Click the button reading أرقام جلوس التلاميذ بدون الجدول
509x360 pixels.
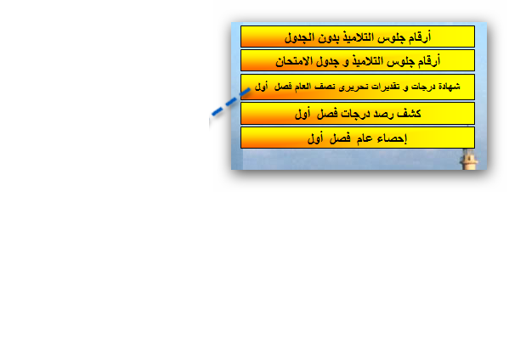(x=358, y=37)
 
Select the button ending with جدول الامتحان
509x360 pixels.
(x=358, y=60)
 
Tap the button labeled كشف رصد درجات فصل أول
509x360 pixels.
(x=358, y=113)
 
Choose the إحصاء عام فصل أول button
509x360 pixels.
(x=358, y=138)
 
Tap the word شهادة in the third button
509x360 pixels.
(x=450, y=87)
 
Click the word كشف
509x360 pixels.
(x=409, y=113)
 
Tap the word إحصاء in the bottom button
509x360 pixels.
(x=392, y=138)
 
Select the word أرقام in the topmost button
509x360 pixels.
(x=420, y=37)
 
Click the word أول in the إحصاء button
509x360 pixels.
(x=315, y=138)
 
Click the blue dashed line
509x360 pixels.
(x=231, y=102)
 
